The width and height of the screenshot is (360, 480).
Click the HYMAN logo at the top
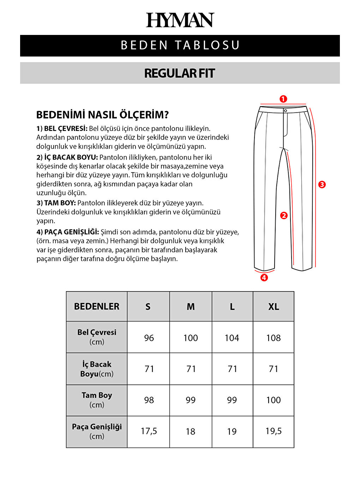[x=180, y=20]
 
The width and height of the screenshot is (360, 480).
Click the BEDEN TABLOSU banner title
[x=180, y=46]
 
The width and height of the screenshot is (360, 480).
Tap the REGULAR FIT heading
[x=180, y=73]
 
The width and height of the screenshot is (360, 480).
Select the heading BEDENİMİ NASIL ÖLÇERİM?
[x=103, y=115]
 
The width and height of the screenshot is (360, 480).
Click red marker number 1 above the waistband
[x=283, y=99]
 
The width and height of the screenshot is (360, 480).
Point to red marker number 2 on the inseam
[x=284, y=216]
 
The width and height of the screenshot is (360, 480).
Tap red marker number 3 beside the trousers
[x=322, y=185]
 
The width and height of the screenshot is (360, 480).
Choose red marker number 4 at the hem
[x=264, y=278]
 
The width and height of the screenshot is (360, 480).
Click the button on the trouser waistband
[x=286, y=111]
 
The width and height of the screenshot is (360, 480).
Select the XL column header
[x=274, y=307]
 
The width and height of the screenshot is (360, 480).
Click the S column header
[x=148, y=307]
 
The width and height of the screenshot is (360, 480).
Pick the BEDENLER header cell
[x=97, y=306]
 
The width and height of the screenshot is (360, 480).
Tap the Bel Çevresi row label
[x=97, y=337]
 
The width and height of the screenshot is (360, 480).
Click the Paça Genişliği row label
[x=97, y=431]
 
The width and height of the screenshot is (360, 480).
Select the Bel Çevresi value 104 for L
[x=232, y=338]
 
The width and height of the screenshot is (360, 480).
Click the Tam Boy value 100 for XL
[x=274, y=400]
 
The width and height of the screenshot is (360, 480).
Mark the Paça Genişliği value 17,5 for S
[x=149, y=431]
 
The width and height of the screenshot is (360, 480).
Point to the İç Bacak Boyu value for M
[x=191, y=369]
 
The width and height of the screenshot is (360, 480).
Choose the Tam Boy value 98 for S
[x=149, y=400]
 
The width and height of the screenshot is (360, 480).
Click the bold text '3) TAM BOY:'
[x=56, y=203]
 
